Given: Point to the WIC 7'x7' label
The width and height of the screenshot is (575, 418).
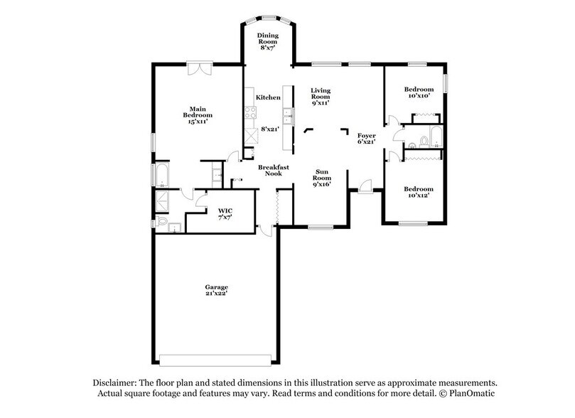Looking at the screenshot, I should (225, 214).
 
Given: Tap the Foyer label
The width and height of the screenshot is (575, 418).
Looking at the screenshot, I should (366, 138).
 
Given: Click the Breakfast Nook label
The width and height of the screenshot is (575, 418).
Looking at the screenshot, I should (271, 169).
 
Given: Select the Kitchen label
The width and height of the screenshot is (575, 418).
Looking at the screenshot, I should (268, 97).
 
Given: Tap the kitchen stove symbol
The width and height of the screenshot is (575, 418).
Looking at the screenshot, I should (249, 112).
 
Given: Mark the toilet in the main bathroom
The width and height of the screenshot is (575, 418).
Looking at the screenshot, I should (162, 224).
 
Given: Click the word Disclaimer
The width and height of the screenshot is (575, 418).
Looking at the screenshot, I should (114, 382).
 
